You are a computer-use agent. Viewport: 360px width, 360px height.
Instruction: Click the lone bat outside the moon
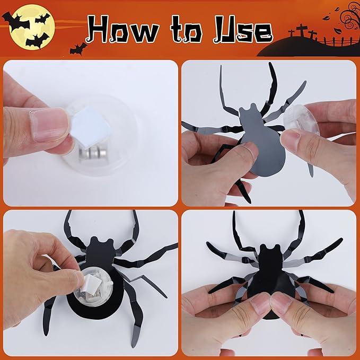pyautogui.click(x=77, y=48)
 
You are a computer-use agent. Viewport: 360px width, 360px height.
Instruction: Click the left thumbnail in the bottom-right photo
pyautogui.click(x=257, y=304)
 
